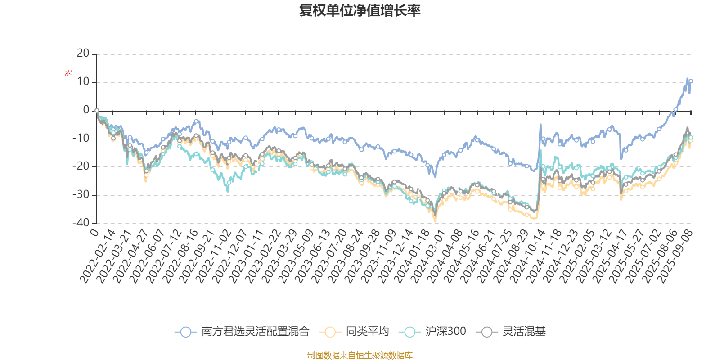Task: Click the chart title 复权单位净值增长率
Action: (360, 10)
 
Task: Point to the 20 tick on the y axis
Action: (83, 54)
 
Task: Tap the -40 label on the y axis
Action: (81, 223)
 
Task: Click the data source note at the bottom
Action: (360, 355)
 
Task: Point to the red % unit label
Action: (68, 73)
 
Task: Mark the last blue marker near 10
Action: (691, 81)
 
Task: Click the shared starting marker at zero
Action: (97, 110)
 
